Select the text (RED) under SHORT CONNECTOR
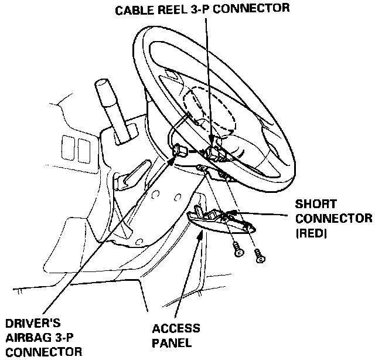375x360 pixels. pos(312,233)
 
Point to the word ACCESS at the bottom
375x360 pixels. pos(176,328)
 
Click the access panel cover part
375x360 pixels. pos(217,221)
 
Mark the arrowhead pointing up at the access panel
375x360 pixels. pos(202,234)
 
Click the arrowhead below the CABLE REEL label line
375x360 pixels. pos(212,138)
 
